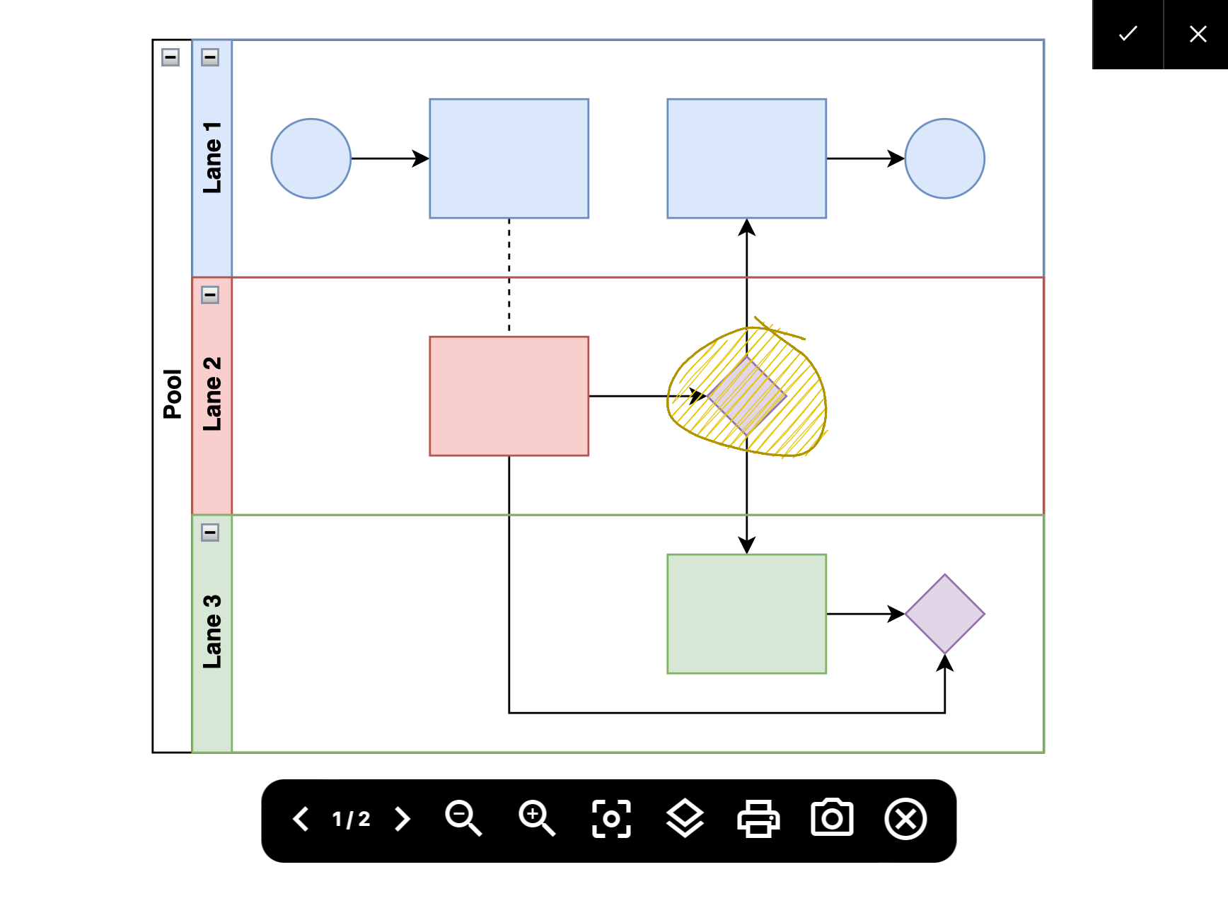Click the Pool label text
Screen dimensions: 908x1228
172,394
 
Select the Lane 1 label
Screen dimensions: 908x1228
212,158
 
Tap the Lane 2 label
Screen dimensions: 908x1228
212,394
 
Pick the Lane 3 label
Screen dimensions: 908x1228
212,631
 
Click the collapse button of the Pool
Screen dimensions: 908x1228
170,57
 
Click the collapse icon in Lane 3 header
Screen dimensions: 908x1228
210,532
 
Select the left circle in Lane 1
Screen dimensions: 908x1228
311,158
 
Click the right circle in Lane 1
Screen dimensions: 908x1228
945,158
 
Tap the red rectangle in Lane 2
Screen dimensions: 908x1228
509,396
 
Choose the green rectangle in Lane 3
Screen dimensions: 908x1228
747,614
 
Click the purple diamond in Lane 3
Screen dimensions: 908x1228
945,614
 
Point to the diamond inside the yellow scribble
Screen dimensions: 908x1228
747,396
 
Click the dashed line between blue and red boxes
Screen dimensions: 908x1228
509,276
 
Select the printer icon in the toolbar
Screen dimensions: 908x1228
758,819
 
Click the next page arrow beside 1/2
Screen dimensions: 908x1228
402,819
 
